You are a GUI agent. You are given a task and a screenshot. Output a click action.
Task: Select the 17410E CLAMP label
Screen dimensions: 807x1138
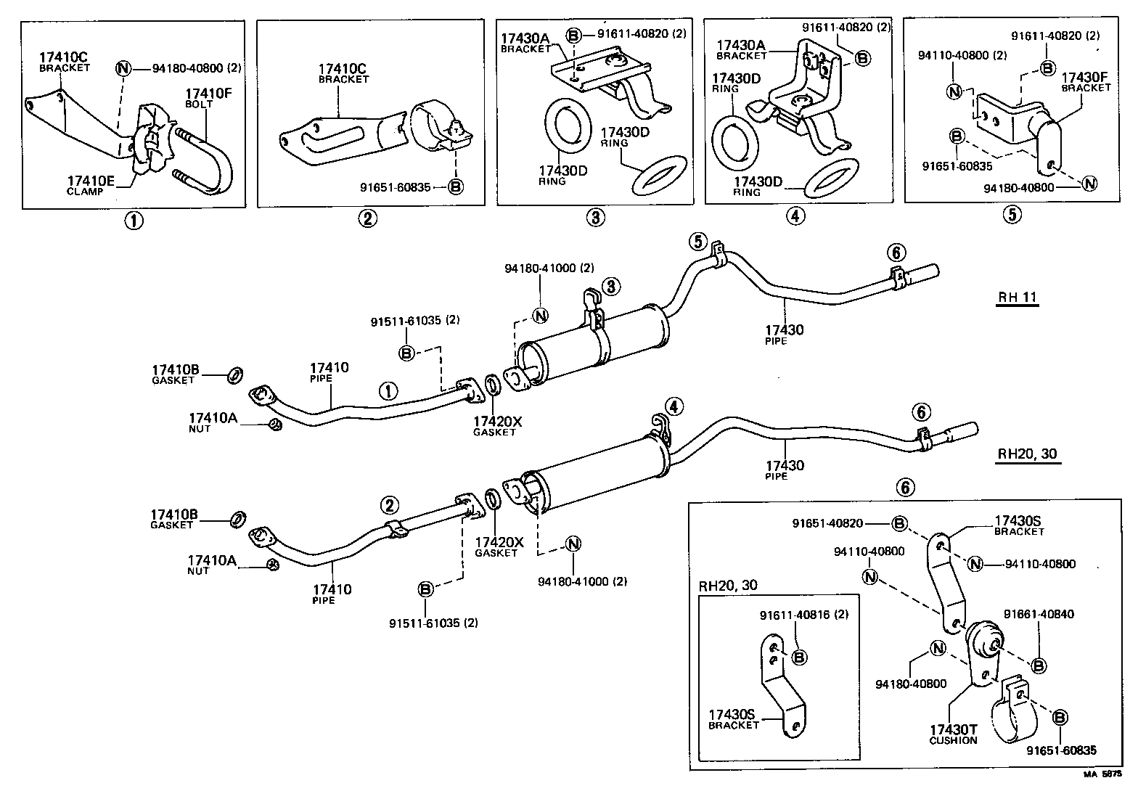pyautogui.click(x=91, y=185)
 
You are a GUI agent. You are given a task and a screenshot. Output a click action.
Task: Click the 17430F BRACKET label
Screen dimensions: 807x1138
pyautogui.click(x=1086, y=81)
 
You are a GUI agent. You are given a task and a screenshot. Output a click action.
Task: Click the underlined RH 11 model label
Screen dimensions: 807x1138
pyautogui.click(x=1018, y=298)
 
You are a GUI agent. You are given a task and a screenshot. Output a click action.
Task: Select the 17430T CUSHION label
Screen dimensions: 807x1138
pyautogui.click(x=953, y=734)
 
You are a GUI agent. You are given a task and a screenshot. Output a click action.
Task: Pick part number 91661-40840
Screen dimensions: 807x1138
pyautogui.click(x=1039, y=614)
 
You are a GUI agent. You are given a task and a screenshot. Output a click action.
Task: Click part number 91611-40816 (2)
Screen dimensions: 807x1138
pyautogui.click(x=804, y=615)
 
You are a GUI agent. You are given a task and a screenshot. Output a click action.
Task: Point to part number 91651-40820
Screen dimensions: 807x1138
pyautogui.click(x=838, y=523)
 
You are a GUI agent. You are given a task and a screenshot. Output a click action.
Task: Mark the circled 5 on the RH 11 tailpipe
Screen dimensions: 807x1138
pyautogui.click(x=697, y=242)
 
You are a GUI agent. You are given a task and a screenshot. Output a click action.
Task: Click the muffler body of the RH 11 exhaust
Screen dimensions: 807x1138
pyautogui.click(x=595, y=345)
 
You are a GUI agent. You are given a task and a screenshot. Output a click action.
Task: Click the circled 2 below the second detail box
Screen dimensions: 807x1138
pyautogui.click(x=367, y=218)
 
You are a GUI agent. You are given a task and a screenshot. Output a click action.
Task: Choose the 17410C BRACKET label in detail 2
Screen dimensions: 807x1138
pyautogui.click(x=343, y=74)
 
